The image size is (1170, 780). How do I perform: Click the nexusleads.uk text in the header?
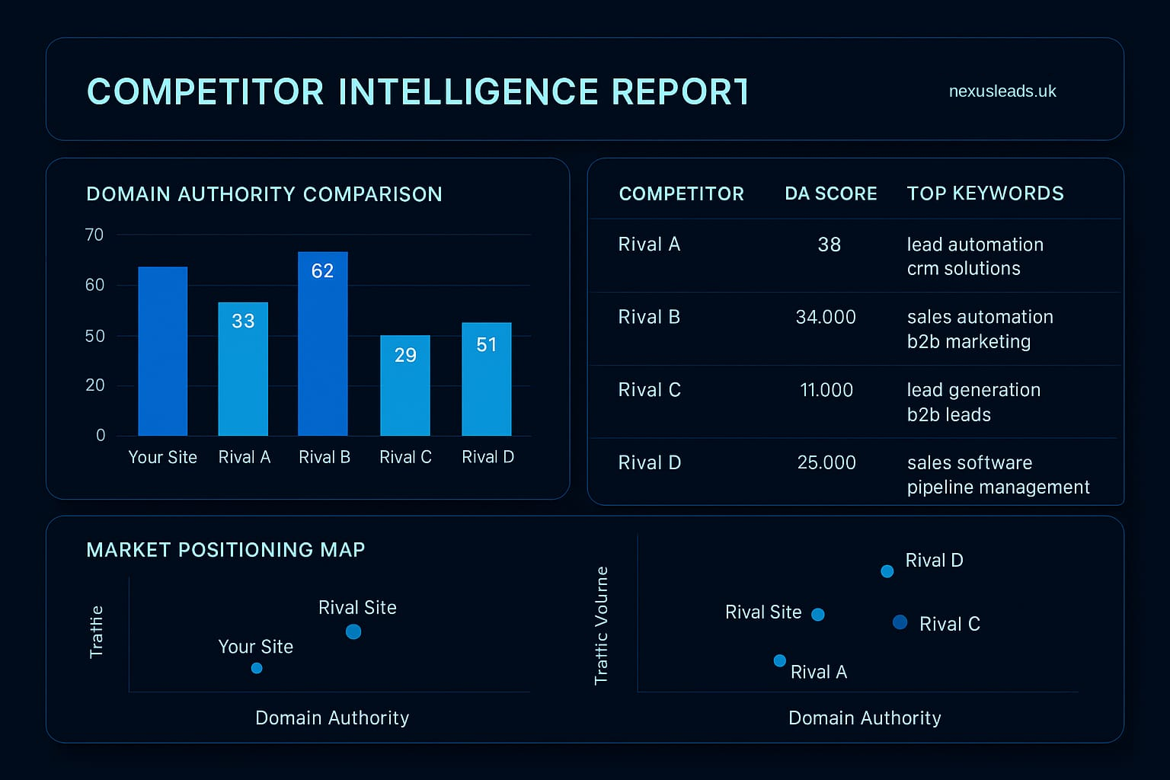coord(1002,91)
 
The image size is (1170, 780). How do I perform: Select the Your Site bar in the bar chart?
coord(163,351)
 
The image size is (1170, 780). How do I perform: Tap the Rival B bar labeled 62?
coord(322,344)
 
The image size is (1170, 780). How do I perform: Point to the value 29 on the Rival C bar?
coord(405,355)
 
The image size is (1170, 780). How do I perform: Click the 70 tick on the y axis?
coord(94,235)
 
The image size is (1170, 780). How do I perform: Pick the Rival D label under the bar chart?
coord(487,457)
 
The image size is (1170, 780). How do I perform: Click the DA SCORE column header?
coord(830,193)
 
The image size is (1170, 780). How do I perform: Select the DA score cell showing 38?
coord(829,245)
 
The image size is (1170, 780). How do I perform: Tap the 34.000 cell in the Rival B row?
coord(826,317)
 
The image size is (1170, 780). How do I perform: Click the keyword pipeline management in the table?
coord(998,487)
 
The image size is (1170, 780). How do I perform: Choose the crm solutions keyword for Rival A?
coord(963,269)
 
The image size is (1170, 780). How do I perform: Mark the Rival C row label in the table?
coord(649,390)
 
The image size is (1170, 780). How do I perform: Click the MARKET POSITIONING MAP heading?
coord(225,550)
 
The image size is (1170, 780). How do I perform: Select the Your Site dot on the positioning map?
coord(257,668)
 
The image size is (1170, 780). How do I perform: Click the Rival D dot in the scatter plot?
coord(887,571)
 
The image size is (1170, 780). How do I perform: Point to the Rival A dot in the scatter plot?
coord(779,660)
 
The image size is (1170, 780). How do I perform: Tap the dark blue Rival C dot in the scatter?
coord(900,622)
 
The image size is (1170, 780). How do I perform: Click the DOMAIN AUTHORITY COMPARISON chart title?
coord(264,194)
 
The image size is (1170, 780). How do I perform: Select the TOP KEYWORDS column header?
coord(985,193)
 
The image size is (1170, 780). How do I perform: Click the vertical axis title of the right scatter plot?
coord(602,625)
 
